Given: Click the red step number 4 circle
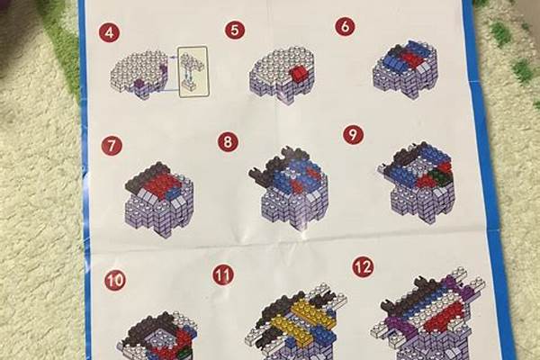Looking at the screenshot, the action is pyautogui.click(x=109, y=33).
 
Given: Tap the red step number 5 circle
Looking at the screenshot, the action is pyautogui.click(x=235, y=30).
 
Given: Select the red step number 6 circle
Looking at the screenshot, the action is pyautogui.click(x=345, y=26).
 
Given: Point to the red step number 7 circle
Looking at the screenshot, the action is pyautogui.click(x=112, y=146).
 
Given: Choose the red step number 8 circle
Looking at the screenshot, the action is pyautogui.click(x=228, y=141).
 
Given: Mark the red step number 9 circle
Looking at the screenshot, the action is pyautogui.click(x=353, y=134).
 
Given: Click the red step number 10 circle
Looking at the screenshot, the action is pyautogui.click(x=115, y=281).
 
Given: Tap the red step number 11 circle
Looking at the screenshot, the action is pyautogui.click(x=223, y=274).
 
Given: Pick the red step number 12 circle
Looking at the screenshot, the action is pyautogui.click(x=363, y=267).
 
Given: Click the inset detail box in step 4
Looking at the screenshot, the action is pyautogui.click(x=193, y=71).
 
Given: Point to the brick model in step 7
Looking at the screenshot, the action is pyautogui.click(x=158, y=198).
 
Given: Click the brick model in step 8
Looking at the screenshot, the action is pyautogui.click(x=289, y=188).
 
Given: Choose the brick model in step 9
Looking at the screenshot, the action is pyautogui.click(x=418, y=182).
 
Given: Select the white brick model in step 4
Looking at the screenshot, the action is pyautogui.click(x=139, y=76).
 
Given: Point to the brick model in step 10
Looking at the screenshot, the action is pyautogui.click(x=159, y=336).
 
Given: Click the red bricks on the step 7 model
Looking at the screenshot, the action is pyautogui.click(x=163, y=185).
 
